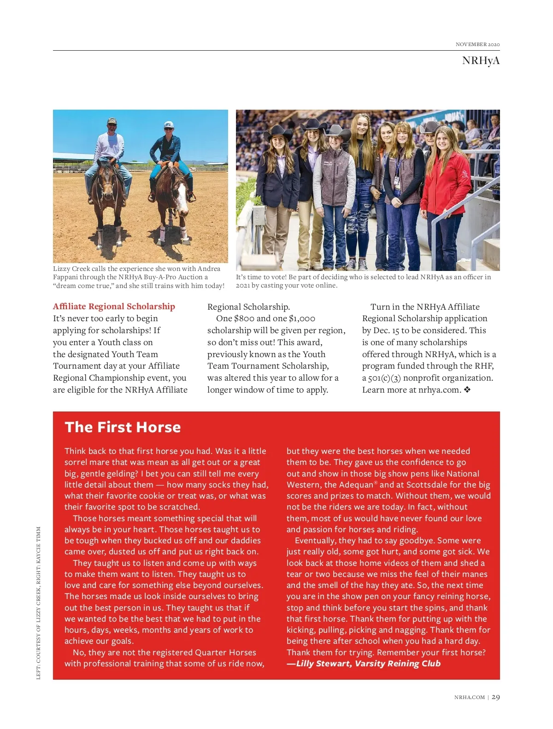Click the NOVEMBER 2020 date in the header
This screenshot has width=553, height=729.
click(x=477, y=44)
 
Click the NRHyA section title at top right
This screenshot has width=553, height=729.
click(x=481, y=61)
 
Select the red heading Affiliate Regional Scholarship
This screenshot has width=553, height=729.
click(x=114, y=306)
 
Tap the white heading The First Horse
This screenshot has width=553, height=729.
click(x=123, y=427)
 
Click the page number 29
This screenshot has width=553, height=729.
click(x=496, y=697)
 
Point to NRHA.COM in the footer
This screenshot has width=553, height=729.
click(x=469, y=698)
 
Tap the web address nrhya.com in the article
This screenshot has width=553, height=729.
click(x=439, y=390)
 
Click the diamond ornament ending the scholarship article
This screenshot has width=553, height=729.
click(x=467, y=390)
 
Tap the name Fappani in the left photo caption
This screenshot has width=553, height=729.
click(x=66, y=277)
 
